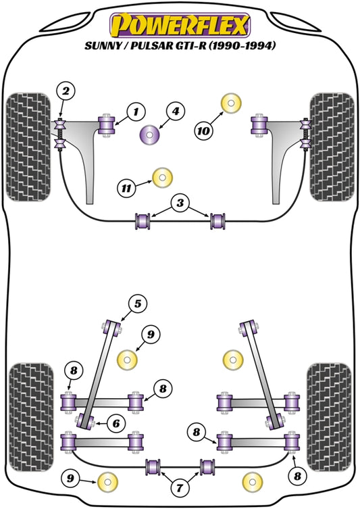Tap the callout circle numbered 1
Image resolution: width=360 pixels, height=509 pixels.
pos(135,111)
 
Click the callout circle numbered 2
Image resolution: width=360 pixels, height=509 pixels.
pos(66,91)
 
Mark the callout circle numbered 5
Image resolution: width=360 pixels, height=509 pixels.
pos(137,305)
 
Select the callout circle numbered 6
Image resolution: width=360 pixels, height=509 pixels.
pos(115,423)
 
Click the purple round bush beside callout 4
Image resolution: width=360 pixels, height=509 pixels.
pos(150,135)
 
